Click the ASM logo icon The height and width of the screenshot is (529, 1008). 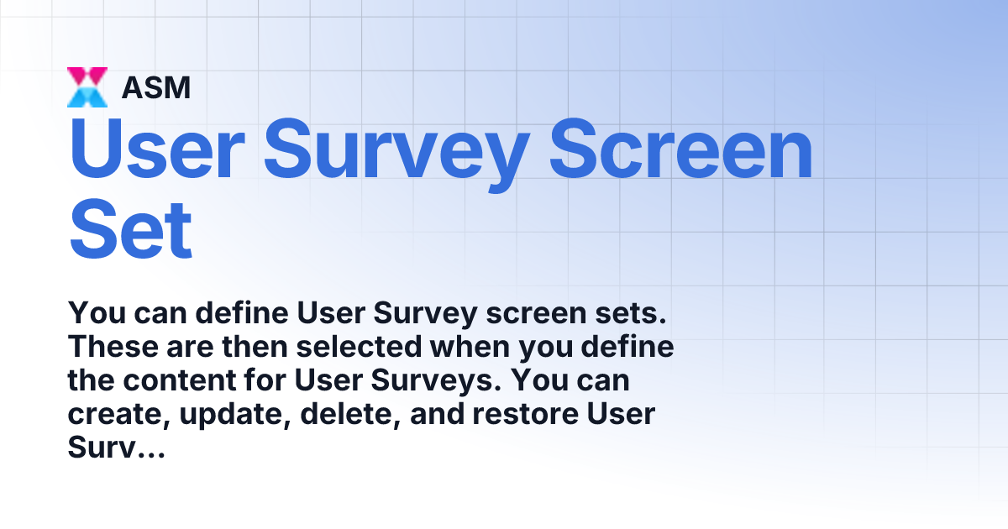[87, 87]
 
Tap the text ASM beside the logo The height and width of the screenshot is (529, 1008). [156, 87]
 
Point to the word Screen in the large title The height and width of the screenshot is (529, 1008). [683, 150]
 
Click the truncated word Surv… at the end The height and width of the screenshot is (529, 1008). [115, 448]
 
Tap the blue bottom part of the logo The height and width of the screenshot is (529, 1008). [87, 99]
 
